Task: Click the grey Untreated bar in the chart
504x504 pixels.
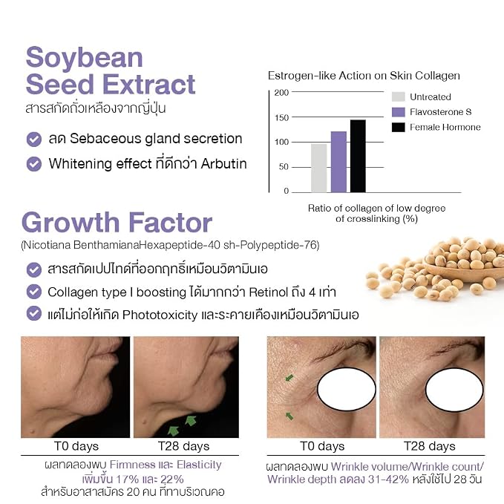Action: tap(319, 168)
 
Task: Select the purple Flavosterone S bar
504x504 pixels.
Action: tap(338, 162)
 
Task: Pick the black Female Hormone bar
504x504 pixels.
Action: tap(358, 156)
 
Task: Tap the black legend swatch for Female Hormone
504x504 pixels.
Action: tap(399, 127)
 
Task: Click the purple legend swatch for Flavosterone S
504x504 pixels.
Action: tap(399, 112)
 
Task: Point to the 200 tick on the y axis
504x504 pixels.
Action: tap(281, 93)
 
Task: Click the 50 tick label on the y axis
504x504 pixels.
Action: tap(284, 167)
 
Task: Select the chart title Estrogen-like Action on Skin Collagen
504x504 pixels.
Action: tap(364, 76)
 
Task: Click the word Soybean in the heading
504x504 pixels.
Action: tap(84, 58)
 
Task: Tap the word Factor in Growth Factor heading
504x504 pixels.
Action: tap(171, 223)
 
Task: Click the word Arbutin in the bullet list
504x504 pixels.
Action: tap(223, 163)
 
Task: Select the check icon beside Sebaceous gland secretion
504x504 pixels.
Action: tap(33, 140)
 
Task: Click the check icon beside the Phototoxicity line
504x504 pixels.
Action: tap(33, 314)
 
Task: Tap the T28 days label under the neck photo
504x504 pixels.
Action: tap(183, 446)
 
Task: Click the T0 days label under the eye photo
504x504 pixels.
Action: tap(322, 446)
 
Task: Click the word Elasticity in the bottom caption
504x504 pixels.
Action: tap(199, 465)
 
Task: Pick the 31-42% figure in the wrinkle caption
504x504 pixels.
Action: tap(388, 480)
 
